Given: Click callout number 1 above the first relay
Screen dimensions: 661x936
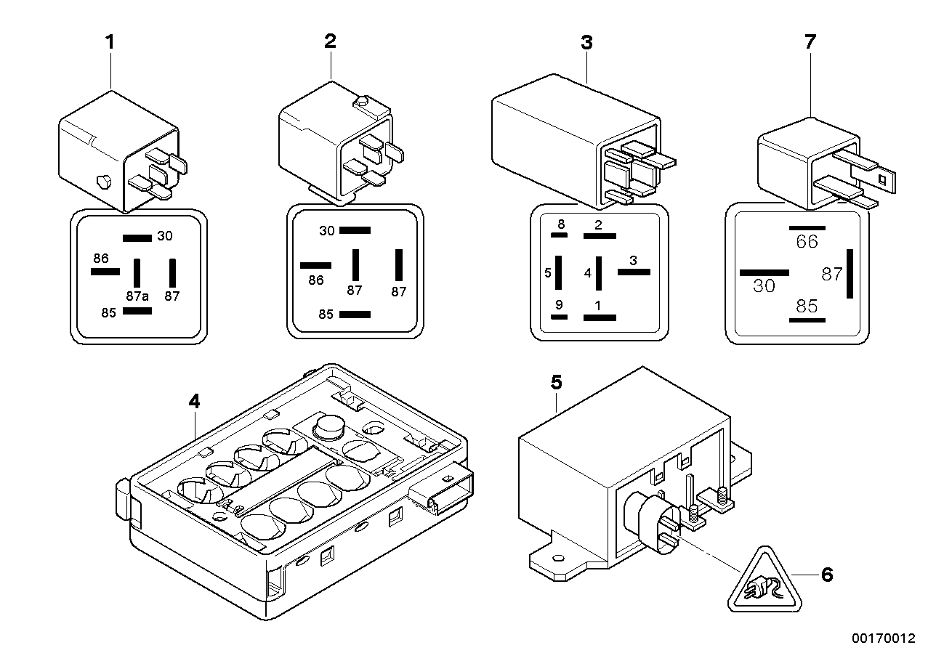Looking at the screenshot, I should tap(110, 42).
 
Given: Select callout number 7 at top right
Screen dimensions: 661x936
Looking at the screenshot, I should tap(810, 42).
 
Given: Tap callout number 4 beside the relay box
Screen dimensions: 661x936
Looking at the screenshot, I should tap(193, 401).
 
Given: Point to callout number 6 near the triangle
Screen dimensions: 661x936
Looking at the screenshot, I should tap(826, 575).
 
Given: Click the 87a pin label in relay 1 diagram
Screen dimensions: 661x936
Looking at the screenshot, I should tap(137, 296).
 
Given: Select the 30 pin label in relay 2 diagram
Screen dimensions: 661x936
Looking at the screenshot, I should tap(326, 230).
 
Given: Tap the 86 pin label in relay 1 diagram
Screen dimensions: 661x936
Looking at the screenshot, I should tap(100, 258).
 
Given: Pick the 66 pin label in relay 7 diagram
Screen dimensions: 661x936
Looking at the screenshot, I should tap(807, 242).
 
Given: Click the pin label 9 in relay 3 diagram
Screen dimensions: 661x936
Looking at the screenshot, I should tap(558, 305).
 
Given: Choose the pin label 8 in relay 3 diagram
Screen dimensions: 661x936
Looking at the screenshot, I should tap(561, 224).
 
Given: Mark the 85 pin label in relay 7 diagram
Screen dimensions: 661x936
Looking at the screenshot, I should tap(807, 306).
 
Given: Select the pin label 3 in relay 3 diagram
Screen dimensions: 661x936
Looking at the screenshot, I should tap(633, 260).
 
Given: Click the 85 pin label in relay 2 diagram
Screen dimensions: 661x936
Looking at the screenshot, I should tap(326, 315).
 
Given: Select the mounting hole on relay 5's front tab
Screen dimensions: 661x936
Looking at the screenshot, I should tap(558, 558).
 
